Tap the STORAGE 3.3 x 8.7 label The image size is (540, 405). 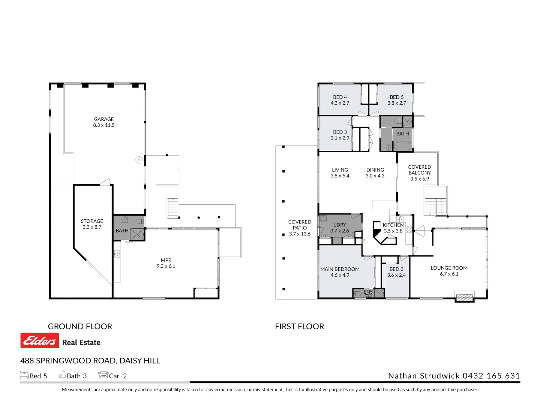[x=92, y=224]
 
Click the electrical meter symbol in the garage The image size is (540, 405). [x=139, y=160]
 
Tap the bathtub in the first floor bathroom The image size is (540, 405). [x=403, y=146]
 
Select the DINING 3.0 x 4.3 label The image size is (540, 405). [x=375, y=173]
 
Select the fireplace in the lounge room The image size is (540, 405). [x=465, y=297]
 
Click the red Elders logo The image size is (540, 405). [x=40, y=340]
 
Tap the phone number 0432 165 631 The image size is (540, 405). [x=491, y=376]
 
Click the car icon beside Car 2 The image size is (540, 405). [x=103, y=375]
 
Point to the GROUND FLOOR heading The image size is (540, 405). [x=80, y=327]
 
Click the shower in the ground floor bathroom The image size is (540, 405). [x=137, y=234]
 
